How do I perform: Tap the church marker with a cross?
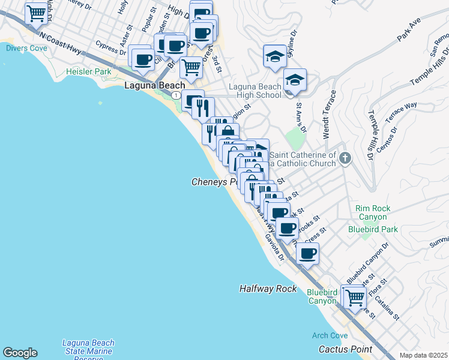pyautogui.click(x=345, y=159)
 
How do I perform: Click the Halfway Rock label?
pyautogui.click(x=268, y=289)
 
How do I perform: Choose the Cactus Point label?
pyautogui.click(x=345, y=349)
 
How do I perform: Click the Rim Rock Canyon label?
pyautogui.click(x=373, y=212)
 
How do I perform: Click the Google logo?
pyautogui.click(x=20, y=353)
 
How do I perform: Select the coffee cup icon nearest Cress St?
pyautogui.click(x=308, y=253)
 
